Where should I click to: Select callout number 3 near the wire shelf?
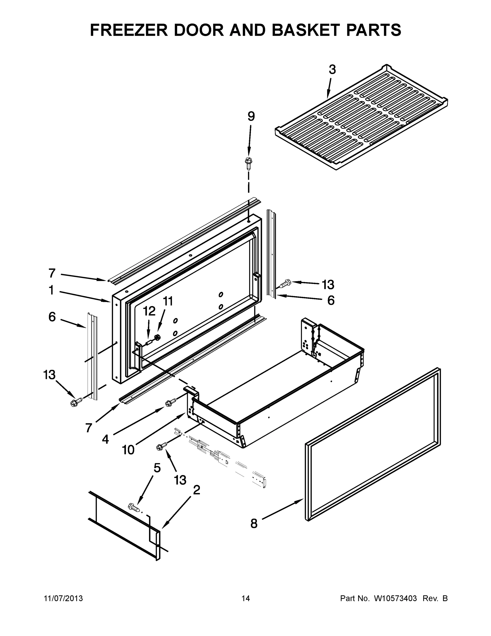332,70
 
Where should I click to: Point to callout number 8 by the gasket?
254,524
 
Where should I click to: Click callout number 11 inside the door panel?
168,301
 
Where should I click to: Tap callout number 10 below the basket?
128,450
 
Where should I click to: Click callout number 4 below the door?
105,439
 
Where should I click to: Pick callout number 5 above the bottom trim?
157,468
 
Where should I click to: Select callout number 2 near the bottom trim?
197,490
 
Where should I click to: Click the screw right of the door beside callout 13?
285,283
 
